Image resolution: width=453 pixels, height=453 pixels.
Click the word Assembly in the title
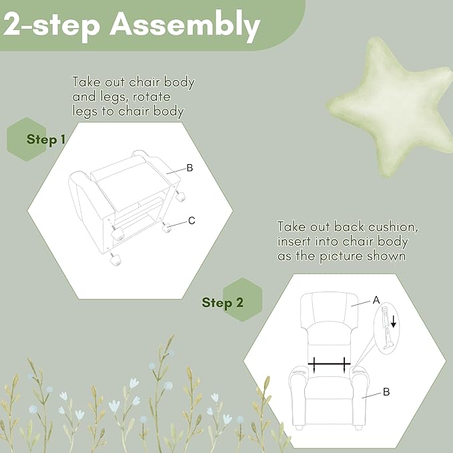click(x=185, y=25)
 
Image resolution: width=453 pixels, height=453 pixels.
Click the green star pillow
click(x=394, y=107)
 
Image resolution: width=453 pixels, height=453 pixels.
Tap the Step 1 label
click(x=46, y=139)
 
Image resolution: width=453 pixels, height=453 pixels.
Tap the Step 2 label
click(x=222, y=303)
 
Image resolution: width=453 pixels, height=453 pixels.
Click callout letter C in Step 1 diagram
click(x=191, y=221)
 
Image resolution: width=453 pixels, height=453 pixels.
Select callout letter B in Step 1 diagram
click(x=190, y=168)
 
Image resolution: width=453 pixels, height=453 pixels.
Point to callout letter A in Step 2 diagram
click(x=376, y=300)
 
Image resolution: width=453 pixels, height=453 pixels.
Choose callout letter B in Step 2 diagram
click(x=386, y=392)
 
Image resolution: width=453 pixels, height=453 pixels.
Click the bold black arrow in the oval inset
click(x=393, y=322)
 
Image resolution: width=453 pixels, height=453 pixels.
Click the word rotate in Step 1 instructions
click(x=151, y=97)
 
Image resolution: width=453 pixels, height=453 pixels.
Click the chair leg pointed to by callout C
click(x=167, y=228)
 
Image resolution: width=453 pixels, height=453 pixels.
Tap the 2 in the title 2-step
click(x=13, y=26)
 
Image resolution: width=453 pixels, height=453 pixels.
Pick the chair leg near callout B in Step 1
click(x=179, y=196)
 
